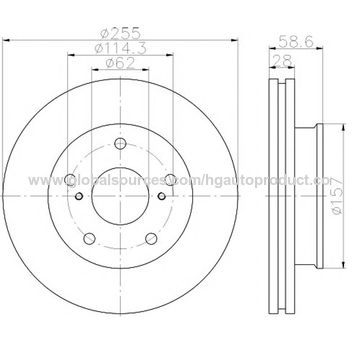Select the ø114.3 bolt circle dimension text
(120, 47)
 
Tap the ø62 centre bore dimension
(120, 64)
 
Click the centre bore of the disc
(120, 195)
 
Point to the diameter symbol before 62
(110, 64)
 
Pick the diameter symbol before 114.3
(101, 47)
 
